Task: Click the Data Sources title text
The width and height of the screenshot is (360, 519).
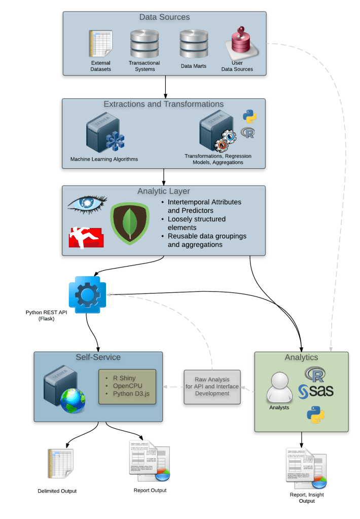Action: (164, 17)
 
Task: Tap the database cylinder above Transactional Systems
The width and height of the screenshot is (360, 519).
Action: (145, 44)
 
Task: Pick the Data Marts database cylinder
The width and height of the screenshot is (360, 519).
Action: (193, 45)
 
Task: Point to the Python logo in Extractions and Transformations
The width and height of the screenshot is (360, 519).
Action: (249, 117)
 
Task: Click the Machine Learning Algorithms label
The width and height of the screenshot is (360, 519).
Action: (104, 159)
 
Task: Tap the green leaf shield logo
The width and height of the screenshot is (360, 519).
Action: (129, 223)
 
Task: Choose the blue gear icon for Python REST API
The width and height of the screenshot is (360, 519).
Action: (87, 294)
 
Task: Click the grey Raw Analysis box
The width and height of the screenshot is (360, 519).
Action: (211, 386)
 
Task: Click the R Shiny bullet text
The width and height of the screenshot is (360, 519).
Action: (124, 378)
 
